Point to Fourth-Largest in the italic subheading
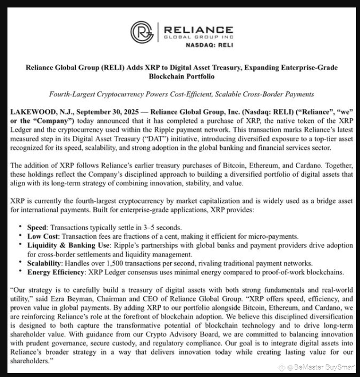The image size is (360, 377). [69, 94]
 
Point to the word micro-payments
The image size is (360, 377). [272, 236]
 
